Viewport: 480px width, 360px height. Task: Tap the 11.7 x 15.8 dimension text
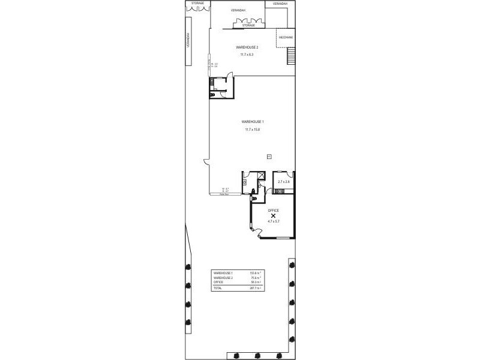[x=252, y=129]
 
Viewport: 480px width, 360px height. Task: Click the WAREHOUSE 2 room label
[x=247, y=47]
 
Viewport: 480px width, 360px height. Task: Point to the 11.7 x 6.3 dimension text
[x=247, y=55]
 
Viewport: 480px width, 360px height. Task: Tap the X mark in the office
[x=273, y=216]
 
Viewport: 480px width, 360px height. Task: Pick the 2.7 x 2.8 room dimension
[x=284, y=181]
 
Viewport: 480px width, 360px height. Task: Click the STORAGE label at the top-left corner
[x=197, y=4]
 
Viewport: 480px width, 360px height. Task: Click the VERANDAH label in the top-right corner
[x=280, y=4]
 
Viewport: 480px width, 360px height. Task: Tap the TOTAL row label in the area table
[x=217, y=288]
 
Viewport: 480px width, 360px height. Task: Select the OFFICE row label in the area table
[x=218, y=282]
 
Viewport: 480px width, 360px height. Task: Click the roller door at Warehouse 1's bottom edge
[x=226, y=194]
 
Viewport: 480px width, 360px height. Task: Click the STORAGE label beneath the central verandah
[x=248, y=25]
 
